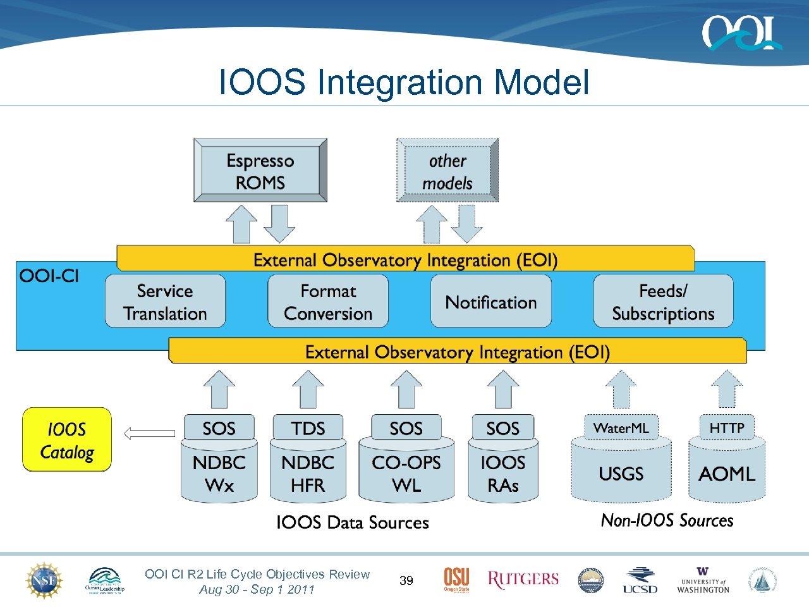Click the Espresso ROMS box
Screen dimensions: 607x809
(x=260, y=171)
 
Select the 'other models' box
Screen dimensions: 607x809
(x=447, y=171)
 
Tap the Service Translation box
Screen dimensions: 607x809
(x=165, y=302)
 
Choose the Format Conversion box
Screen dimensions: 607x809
(x=328, y=302)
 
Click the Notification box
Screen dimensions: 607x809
(x=491, y=302)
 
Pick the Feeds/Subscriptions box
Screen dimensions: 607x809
(x=663, y=302)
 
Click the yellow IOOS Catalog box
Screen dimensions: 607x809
(x=67, y=440)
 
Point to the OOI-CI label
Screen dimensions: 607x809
(x=49, y=276)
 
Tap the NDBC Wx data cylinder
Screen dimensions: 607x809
(x=219, y=474)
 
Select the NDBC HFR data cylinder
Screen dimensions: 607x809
(x=308, y=474)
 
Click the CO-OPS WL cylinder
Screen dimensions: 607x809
(x=406, y=474)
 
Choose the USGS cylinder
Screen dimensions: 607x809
(x=621, y=474)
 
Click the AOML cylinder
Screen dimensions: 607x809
(x=726, y=474)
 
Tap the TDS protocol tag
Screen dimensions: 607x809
(x=308, y=428)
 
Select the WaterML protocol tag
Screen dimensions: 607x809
(x=621, y=428)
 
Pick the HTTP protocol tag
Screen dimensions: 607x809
(x=726, y=428)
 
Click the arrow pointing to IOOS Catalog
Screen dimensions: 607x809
(x=149, y=433)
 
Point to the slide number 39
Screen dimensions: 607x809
(x=406, y=580)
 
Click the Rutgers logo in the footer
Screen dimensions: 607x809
(x=523, y=579)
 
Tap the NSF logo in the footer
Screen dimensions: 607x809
(x=44, y=580)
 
